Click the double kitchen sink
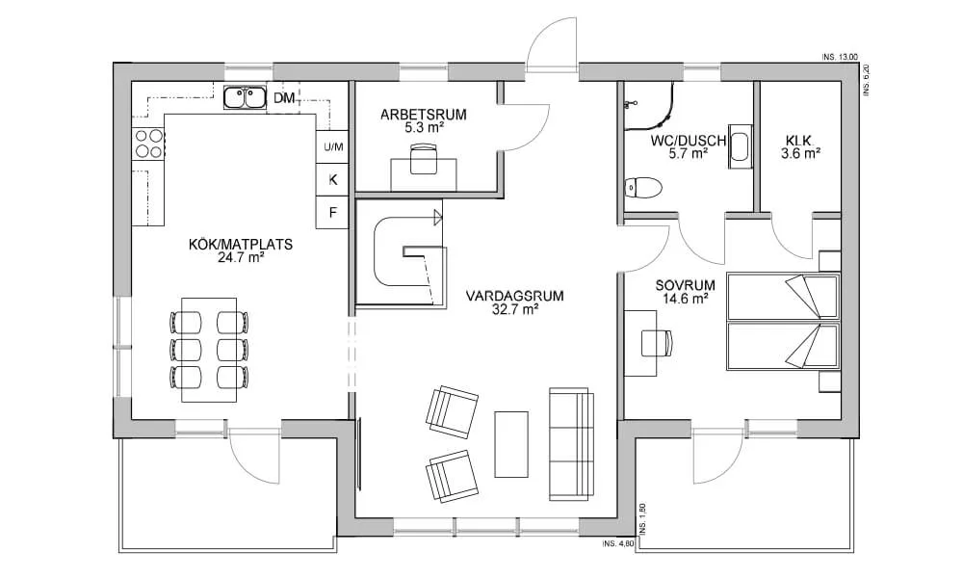[x=246, y=97]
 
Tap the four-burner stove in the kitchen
[x=147, y=144]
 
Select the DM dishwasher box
[x=283, y=98]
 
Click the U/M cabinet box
[x=332, y=146]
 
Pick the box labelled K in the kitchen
[x=332, y=179]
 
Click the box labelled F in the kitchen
[x=332, y=212]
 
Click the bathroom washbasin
[x=739, y=147]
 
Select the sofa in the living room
[x=570, y=444]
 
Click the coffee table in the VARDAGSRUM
[x=511, y=443]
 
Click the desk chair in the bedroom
[x=656, y=342]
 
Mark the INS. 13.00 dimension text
[x=840, y=58]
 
